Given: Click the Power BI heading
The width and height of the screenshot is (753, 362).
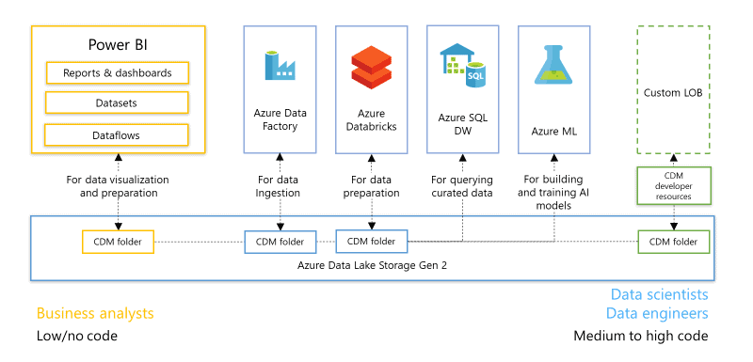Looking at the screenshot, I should (x=118, y=44).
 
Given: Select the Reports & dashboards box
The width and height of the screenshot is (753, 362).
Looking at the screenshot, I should (x=118, y=72).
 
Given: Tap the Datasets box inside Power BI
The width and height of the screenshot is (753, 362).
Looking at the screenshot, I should (x=118, y=103).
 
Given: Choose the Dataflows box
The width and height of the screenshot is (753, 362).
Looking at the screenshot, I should (x=118, y=135).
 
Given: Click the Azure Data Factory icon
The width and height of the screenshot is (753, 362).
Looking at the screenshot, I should (x=280, y=66).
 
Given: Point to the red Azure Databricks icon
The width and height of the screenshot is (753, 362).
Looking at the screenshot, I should (x=371, y=67).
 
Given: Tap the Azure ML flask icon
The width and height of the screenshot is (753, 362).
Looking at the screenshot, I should (x=554, y=67).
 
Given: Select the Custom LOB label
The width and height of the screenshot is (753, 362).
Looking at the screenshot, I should (x=673, y=92).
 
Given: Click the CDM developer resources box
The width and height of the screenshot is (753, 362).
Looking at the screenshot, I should (x=673, y=186).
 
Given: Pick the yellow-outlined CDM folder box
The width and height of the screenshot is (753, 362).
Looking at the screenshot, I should (x=119, y=242).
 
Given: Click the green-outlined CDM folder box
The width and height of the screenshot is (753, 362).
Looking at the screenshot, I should (x=673, y=242).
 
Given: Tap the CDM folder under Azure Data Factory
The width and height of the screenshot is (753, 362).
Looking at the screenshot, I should (x=280, y=242).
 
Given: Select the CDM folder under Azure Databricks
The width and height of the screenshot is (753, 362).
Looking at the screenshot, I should (x=372, y=242).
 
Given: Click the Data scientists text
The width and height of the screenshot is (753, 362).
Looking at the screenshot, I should (x=659, y=294).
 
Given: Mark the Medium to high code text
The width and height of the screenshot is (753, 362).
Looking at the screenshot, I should (x=641, y=336).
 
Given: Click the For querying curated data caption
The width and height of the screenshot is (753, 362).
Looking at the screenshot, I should (x=462, y=186).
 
